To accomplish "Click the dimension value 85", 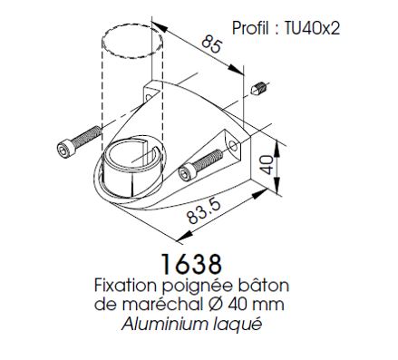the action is pos(212,44).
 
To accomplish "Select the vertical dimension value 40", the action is pos(267,165).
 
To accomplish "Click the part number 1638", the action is pos(191,264).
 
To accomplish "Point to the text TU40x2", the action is pos(312,28).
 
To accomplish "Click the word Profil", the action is pos(250,28).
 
